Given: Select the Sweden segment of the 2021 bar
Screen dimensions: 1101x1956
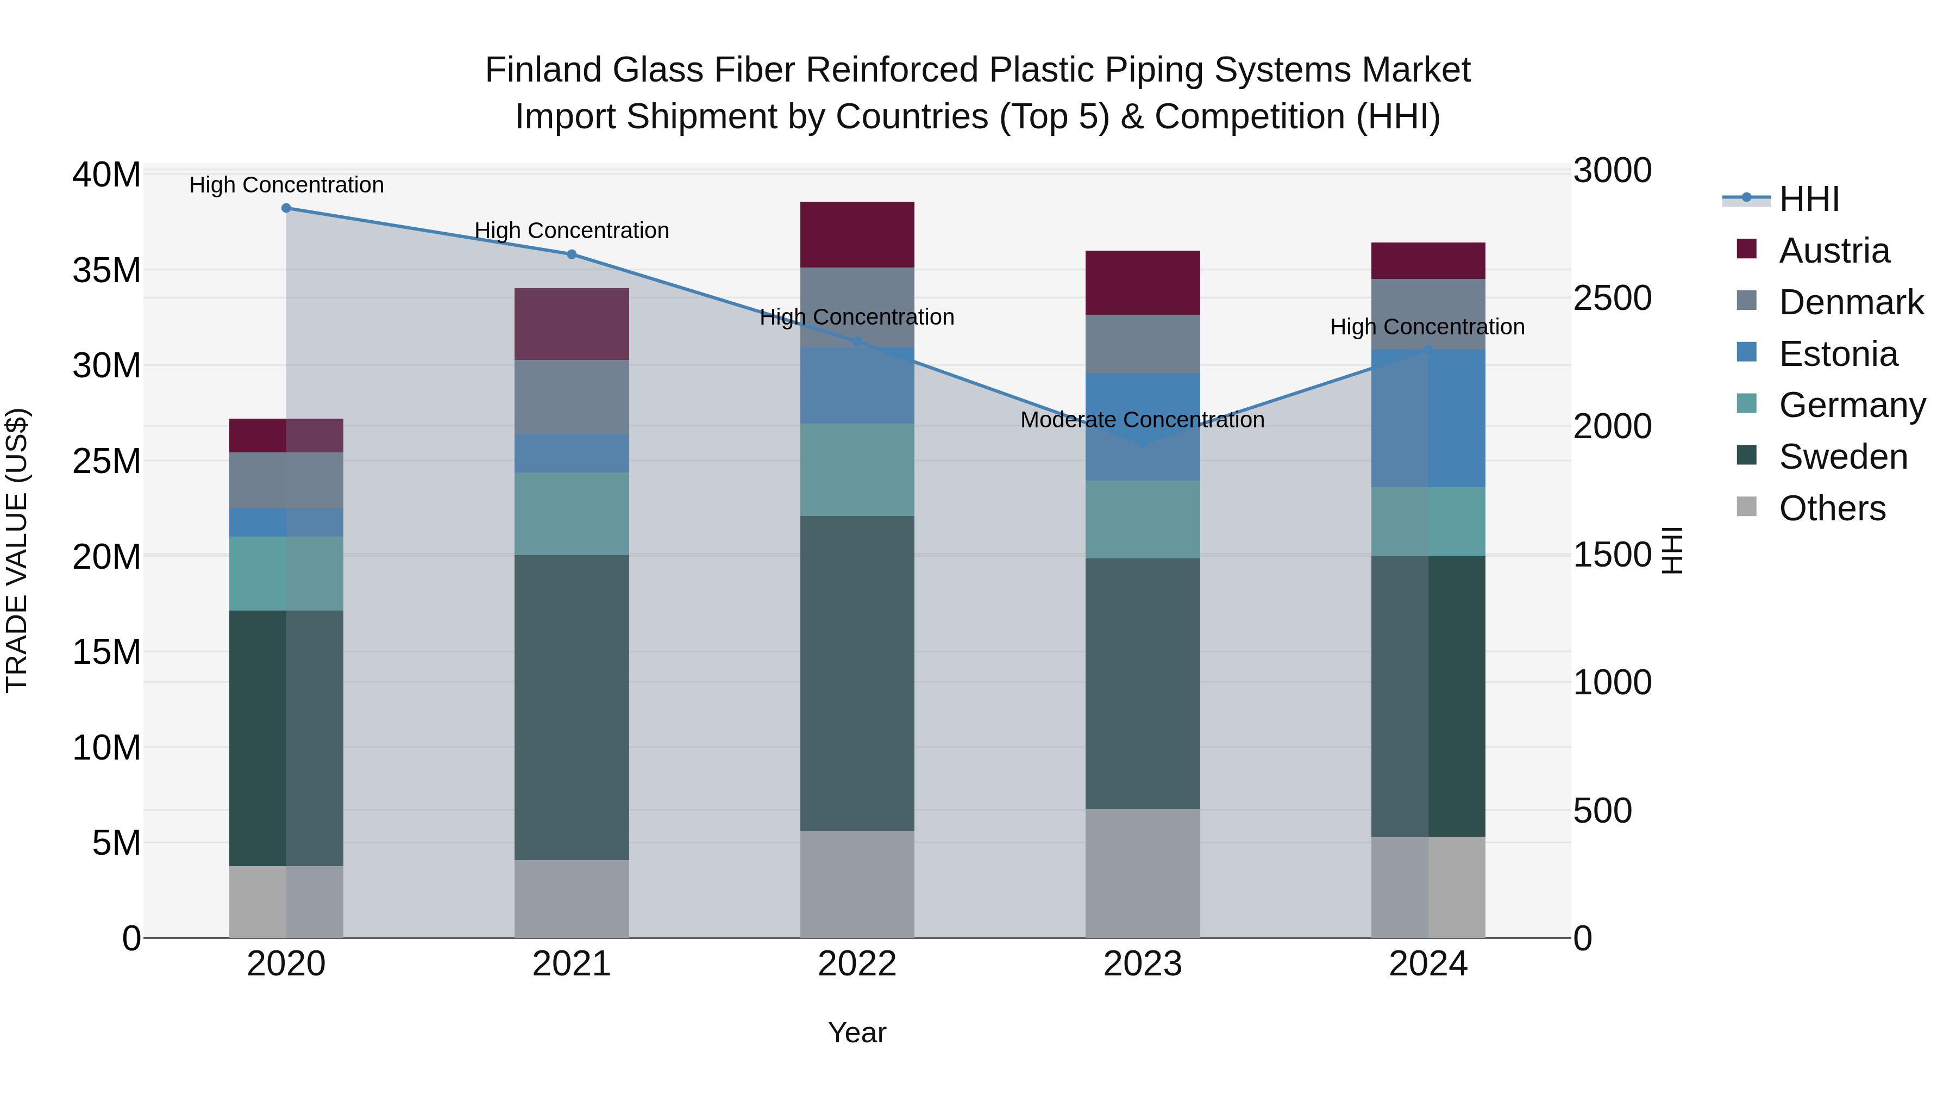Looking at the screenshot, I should tap(571, 707).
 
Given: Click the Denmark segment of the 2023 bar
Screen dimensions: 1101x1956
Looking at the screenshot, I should tap(1142, 344).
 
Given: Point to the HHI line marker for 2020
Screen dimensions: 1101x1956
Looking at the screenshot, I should tap(286, 208).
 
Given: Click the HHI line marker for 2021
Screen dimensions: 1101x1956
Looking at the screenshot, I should tap(572, 254).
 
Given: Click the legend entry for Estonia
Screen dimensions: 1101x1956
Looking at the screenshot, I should tap(1838, 354).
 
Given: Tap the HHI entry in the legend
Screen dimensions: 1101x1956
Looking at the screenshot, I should tap(1809, 199).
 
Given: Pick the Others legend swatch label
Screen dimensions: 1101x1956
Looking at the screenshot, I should tap(1832, 508).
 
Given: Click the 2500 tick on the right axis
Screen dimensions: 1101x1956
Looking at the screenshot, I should tap(1612, 298).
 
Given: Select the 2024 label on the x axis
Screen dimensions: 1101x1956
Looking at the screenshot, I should tap(1427, 964).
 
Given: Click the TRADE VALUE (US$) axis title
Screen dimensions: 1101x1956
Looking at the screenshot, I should tap(17, 550).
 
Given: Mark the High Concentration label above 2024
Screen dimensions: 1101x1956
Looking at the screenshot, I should tap(1427, 327).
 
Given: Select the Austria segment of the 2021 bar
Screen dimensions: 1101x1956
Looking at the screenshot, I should tap(571, 324).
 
